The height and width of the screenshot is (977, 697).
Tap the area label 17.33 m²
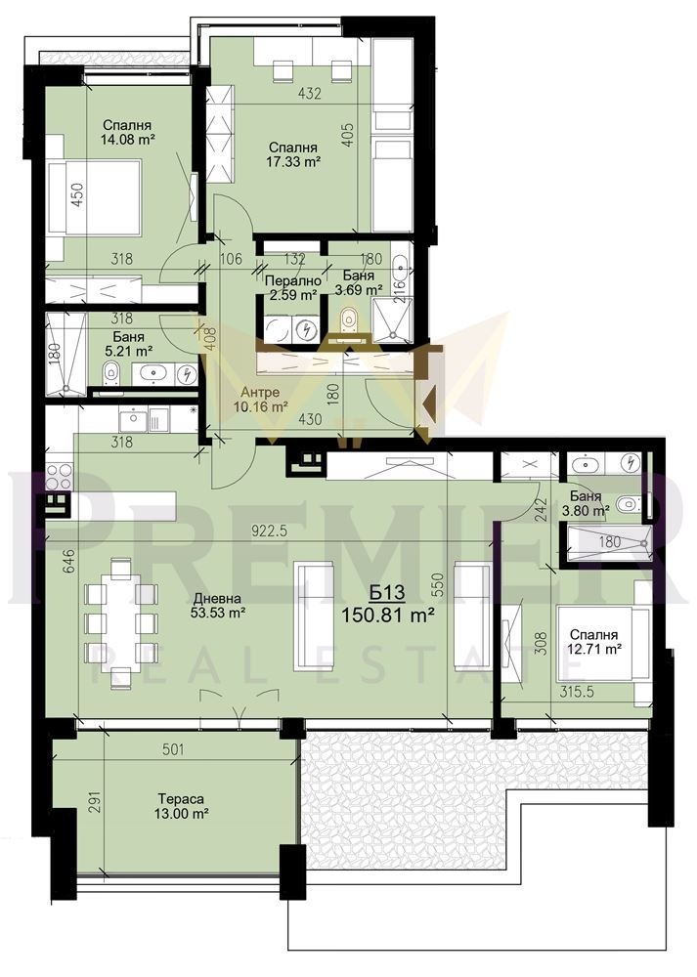click(x=294, y=163)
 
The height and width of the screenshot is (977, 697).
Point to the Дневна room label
click(x=216, y=599)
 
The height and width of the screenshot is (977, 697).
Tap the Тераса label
click(x=177, y=796)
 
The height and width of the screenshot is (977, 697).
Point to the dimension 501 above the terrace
click(x=172, y=750)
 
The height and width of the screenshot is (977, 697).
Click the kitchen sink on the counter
click(x=133, y=421)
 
